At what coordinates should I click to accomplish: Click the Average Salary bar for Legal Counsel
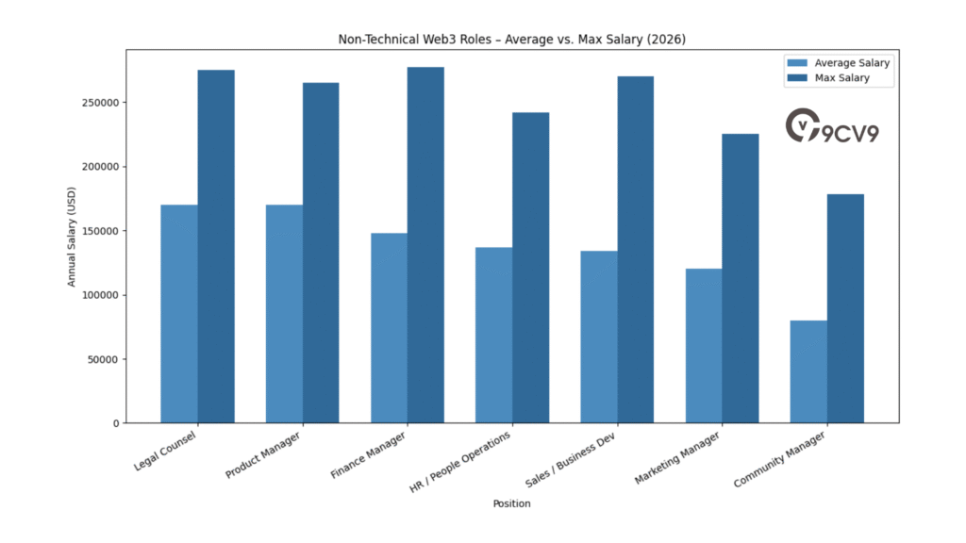[179, 314]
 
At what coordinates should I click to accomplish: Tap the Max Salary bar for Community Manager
[845, 308]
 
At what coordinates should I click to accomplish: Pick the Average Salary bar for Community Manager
[808, 371]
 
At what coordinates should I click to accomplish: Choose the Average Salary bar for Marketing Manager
[704, 346]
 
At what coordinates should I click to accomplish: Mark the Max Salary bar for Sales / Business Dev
[636, 250]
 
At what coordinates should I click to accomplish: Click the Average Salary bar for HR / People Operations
[494, 335]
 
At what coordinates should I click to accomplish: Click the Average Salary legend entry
[839, 63]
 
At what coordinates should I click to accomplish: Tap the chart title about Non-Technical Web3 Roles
[511, 40]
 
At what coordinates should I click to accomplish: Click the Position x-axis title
[511, 503]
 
